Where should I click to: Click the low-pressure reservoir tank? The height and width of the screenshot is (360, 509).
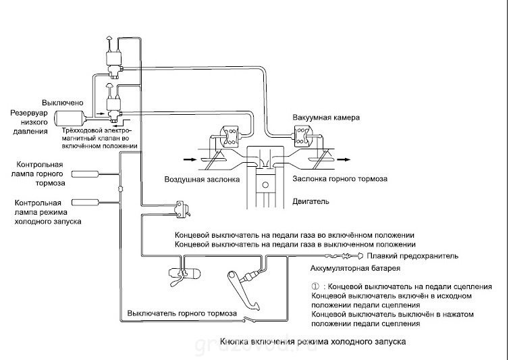point(70,118)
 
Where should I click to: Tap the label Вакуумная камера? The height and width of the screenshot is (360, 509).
point(326,118)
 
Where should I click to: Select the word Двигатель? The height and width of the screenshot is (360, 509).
point(311,201)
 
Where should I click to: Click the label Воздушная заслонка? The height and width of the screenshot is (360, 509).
point(202,180)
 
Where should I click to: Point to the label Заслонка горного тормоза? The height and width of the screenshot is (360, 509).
point(340,179)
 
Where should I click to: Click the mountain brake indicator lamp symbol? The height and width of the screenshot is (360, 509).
point(85,174)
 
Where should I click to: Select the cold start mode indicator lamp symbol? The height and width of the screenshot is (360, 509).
point(85,203)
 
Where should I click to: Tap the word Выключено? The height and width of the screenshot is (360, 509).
point(63,103)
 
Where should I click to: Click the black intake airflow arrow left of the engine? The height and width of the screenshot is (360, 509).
point(190,159)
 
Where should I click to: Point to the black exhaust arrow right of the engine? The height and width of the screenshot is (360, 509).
point(344,159)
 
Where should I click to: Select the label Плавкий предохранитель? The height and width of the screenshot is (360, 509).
point(412,256)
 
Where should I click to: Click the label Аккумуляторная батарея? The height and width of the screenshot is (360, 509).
point(355,268)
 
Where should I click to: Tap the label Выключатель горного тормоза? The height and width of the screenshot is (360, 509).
point(182,313)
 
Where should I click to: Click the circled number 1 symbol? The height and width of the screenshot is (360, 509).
point(315,286)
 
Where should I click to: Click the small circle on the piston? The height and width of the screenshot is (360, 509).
point(265,185)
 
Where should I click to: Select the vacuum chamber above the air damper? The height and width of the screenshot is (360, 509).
point(230,136)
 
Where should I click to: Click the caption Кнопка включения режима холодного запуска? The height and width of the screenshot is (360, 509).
point(313,342)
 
